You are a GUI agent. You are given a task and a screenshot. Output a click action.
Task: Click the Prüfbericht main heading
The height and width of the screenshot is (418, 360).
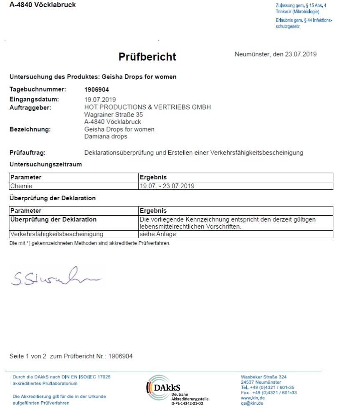point(147,57)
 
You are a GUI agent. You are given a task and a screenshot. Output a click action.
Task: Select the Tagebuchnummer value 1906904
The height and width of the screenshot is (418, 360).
point(96,89)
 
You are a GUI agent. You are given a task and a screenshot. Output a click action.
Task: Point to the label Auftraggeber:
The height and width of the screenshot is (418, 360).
point(30,107)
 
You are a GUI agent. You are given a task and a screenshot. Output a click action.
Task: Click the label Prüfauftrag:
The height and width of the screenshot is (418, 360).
point(28,153)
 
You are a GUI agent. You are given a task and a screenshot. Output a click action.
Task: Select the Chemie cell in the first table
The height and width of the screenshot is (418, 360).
point(22,186)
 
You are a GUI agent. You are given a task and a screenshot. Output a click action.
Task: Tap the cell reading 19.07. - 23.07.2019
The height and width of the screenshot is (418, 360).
point(167,186)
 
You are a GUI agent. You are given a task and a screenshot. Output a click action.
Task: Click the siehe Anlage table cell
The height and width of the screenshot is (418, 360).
point(157,234)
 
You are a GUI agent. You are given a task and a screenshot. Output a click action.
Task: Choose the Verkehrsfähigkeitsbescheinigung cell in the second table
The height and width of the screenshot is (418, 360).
point(57,234)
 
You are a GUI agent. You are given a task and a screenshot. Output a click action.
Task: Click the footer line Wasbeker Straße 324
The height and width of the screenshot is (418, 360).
point(264,377)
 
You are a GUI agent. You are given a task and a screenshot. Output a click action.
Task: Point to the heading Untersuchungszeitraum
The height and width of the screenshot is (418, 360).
point(46,165)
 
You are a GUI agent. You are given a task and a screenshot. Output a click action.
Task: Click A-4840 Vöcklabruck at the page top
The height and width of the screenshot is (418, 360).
point(43,5)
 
